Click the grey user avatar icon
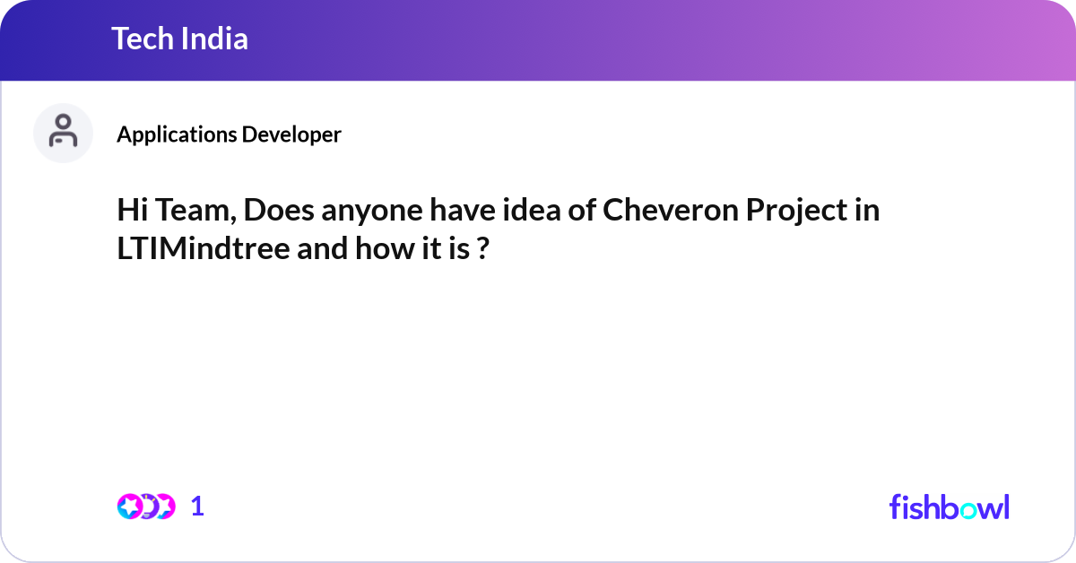click(x=63, y=133)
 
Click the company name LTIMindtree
click(x=203, y=249)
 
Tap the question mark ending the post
click(x=482, y=249)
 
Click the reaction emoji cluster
click(x=145, y=507)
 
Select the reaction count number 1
click(x=197, y=507)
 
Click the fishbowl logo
click(x=949, y=507)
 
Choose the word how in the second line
click(x=382, y=249)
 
